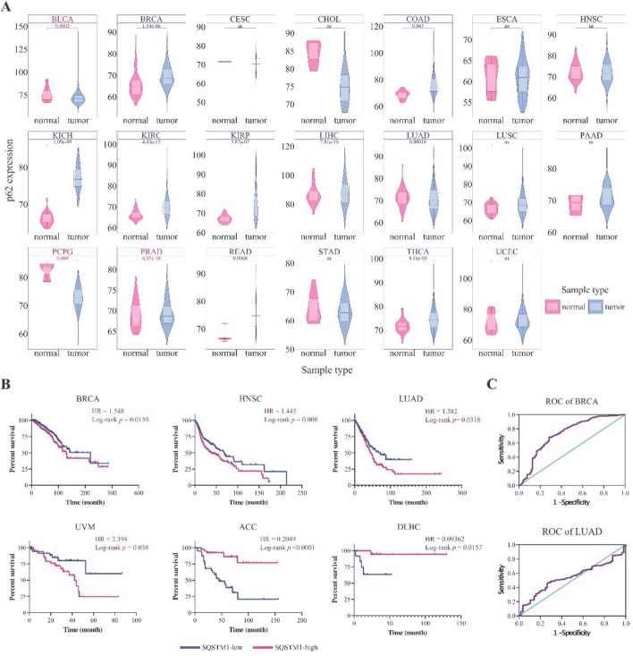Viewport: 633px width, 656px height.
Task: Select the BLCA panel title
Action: click(x=61, y=19)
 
